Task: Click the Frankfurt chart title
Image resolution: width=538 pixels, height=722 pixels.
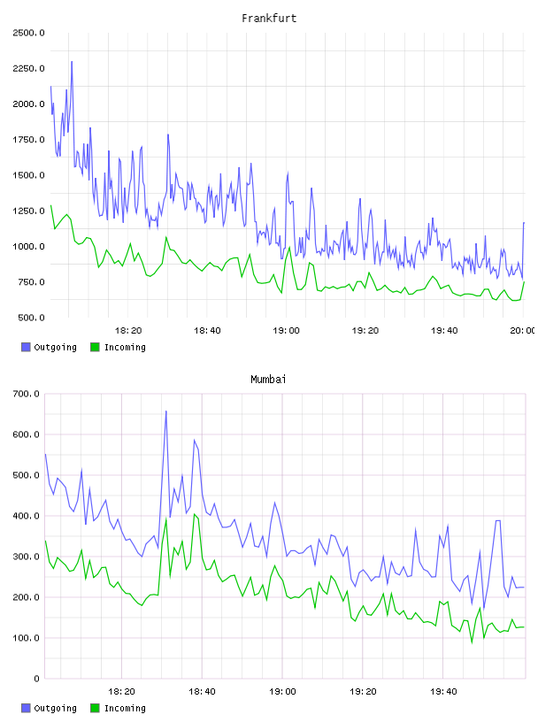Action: [x=269, y=19]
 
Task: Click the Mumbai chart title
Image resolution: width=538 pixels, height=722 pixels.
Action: [x=268, y=379]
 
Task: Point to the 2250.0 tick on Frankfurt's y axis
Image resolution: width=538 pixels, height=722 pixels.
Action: [x=28, y=68]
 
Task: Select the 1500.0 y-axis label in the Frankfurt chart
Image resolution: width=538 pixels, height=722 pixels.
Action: [x=28, y=175]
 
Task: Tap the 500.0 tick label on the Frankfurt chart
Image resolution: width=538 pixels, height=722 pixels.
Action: [x=31, y=318]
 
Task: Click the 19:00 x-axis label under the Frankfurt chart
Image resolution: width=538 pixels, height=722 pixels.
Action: [x=286, y=330]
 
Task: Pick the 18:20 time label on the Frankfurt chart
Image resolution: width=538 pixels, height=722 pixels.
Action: [x=128, y=330]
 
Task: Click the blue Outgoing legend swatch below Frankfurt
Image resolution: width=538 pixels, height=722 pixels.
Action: [x=26, y=347]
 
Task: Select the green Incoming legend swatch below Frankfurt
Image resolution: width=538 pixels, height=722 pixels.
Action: [x=95, y=347]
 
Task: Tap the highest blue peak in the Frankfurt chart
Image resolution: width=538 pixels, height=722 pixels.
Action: [x=72, y=61]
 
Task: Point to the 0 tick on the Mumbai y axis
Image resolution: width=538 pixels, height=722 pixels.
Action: [x=36, y=679]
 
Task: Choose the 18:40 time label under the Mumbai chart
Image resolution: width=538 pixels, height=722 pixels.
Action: [x=202, y=691]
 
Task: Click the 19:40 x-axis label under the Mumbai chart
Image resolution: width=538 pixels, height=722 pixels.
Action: [x=443, y=691]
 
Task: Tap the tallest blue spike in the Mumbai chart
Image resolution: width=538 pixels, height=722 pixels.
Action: [x=165, y=411]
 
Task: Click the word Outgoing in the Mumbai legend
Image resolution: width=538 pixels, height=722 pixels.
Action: [x=55, y=708]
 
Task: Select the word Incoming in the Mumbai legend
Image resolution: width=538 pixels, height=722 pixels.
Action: [x=125, y=708]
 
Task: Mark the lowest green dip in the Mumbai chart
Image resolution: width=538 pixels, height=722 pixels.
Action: [x=472, y=642]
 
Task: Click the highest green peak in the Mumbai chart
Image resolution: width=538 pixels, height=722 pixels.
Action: [x=195, y=514]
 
